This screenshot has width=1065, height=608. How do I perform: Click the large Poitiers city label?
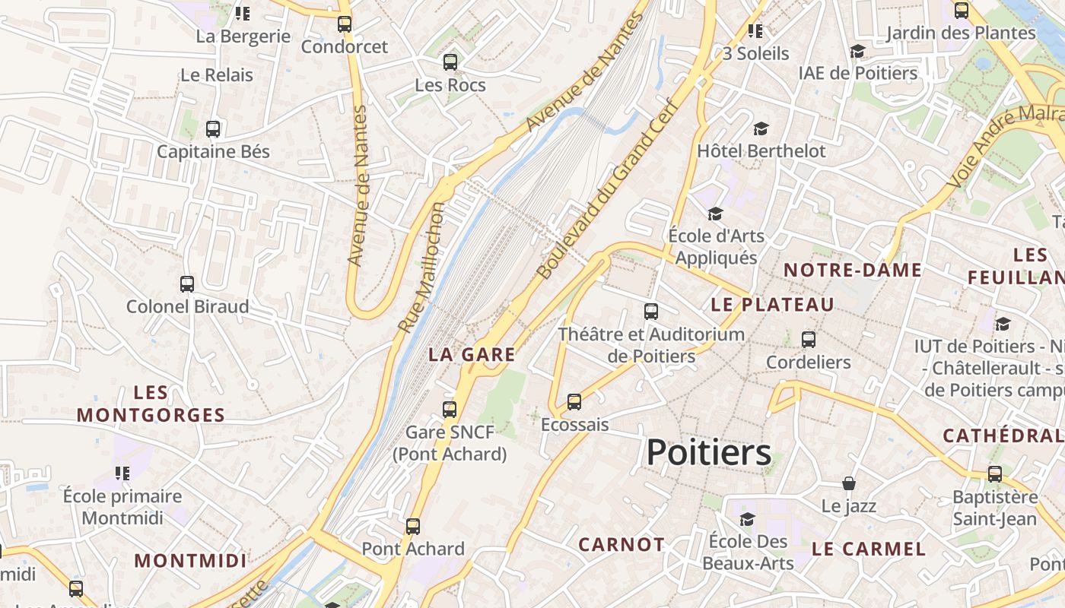(x=708, y=453)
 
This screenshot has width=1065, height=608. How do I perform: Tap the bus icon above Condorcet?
(x=345, y=24)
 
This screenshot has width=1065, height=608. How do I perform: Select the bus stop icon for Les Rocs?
(x=450, y=62)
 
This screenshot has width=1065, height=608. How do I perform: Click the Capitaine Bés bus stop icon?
(x=213, y=129)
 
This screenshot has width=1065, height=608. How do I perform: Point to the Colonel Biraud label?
(x=187, y=307)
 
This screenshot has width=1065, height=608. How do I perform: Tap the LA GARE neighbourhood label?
(x=472, y=354)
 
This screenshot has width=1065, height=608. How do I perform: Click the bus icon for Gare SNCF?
(x=450, y=410)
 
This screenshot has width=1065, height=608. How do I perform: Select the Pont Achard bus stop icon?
(x=413, y=526)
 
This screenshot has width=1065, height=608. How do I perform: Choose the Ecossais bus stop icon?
(x=574, y=402)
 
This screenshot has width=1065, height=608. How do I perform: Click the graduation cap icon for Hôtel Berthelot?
(x=761, y=128)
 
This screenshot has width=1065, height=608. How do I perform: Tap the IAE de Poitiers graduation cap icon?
(x=857, y=51)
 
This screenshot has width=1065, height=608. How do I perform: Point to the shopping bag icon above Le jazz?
(x=849, y=483)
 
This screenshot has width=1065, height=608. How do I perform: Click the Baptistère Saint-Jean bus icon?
(x=995, y=474)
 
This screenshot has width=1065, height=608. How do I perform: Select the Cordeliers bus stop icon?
(x=809, y=339)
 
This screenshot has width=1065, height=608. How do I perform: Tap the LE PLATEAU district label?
(x=772, y=305)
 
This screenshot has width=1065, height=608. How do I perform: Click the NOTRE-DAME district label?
(x=853, y=270)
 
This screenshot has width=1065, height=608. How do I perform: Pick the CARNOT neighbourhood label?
(x=622, y=544)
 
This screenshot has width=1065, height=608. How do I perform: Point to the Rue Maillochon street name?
(x=421, y=268)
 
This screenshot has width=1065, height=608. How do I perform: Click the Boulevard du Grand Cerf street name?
(x=606, y=189)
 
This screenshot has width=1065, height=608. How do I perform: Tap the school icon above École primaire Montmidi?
(x=122, y=473)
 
